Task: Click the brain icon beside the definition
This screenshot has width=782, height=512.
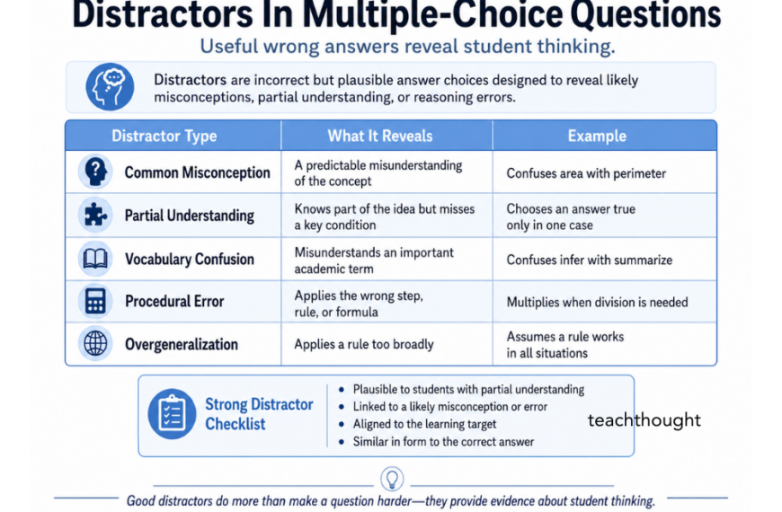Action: [110, 87]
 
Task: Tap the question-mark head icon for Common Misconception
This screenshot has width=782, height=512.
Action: [95, 172]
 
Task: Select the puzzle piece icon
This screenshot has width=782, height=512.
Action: [95, 216]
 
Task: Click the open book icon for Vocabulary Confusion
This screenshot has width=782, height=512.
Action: [95, 259]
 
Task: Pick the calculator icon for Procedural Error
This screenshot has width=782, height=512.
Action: [95, 302]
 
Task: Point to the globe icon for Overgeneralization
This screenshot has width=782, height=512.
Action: [95, 344]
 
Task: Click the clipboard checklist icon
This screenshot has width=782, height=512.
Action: [171, 413]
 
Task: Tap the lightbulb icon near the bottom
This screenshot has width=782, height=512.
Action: [392, 477]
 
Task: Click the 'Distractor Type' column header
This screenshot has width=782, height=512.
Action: [164, 137]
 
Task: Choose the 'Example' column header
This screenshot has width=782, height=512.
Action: [597, 137]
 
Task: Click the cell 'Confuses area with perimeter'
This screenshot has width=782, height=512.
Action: [585, 173]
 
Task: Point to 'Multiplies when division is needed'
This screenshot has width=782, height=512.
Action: [597, 303]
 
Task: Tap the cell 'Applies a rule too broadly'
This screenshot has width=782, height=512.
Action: [364, 344]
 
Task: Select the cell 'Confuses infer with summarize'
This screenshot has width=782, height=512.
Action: [589, 260]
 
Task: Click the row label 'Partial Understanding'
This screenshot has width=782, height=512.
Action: [189, 216]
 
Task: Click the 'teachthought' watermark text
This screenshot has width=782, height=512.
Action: [644, 419]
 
